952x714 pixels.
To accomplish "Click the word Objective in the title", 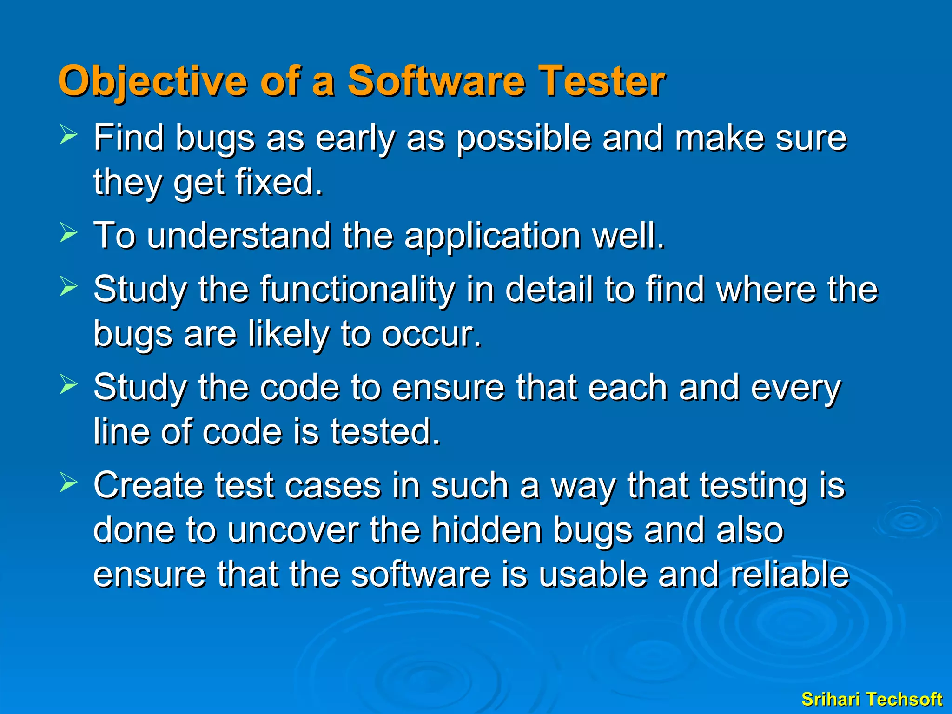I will coord(152,81).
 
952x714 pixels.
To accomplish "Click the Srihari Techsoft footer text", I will coord(872,699).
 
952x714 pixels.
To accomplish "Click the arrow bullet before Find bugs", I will coord(69,136).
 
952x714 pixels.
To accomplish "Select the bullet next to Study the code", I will coord(69,385).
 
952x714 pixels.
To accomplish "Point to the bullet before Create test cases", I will coord(69,483).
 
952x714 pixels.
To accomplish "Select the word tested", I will coord(385,432).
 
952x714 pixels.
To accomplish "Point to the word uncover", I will coord(293,530).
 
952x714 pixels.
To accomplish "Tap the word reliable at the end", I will coord(790,575).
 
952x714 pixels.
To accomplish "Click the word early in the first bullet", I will coord(356,139).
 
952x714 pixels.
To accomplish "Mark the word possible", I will coord(523,139).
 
